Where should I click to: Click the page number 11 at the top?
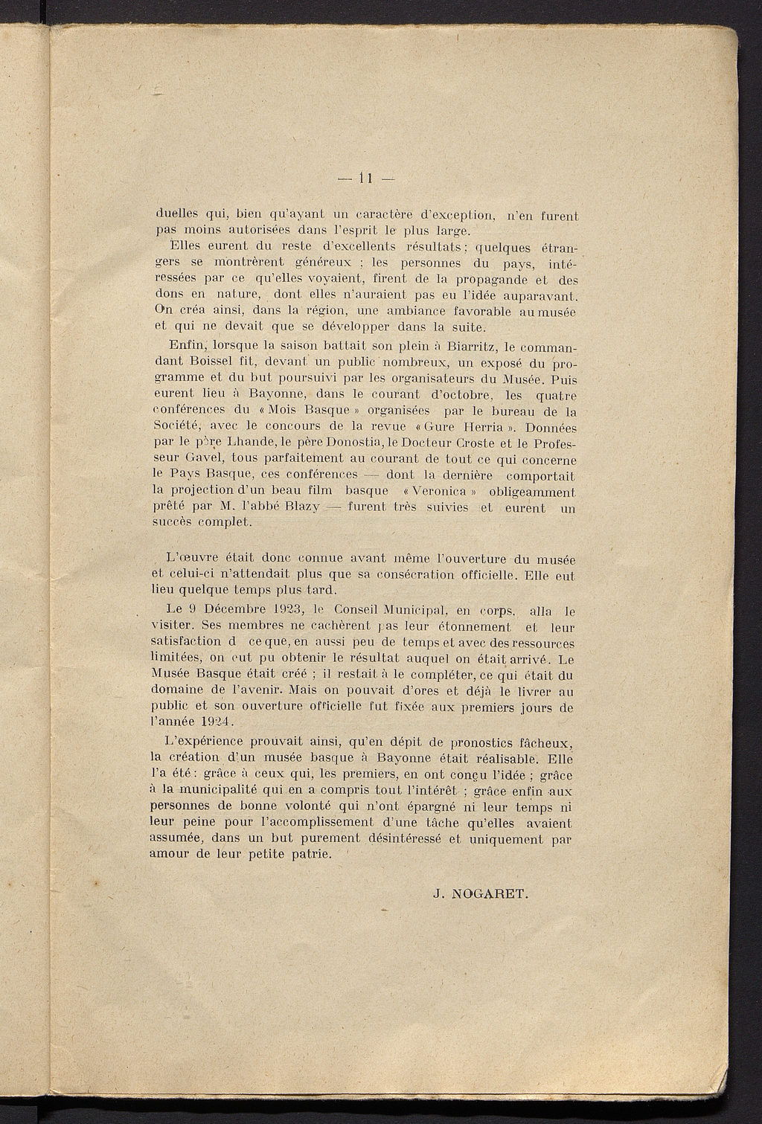point(365,178)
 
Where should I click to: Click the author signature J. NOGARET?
point(481,896)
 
